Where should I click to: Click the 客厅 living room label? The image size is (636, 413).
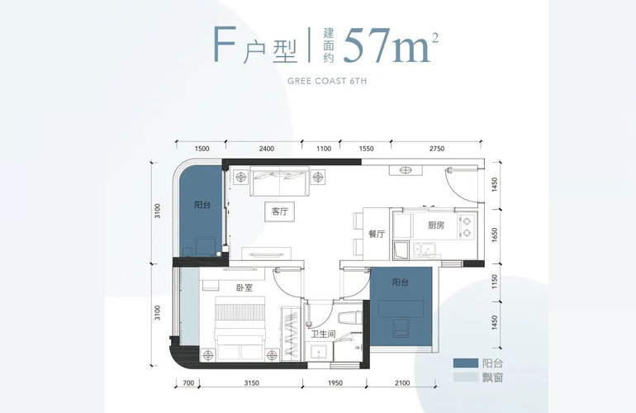tap(280, 211)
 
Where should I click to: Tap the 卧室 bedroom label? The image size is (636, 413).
tap(244, 287)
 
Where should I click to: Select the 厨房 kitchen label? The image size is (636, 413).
tap(436, 225)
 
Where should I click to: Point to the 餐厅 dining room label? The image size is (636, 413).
tap(377, 234)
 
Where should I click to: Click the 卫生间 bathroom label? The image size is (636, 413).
tap(323, 335)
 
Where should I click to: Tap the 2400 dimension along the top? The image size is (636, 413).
tap(267, 149)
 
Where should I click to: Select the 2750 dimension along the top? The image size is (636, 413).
tap(437, 149)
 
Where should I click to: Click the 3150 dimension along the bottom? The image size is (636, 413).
tap(251, 382)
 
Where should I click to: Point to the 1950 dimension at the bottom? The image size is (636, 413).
tap(335, 382)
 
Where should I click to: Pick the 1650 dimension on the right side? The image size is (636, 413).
tap(494, 235)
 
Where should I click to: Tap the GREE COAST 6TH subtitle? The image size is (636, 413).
tap(327, 81)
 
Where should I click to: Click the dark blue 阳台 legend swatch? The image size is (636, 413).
tap(465, 363)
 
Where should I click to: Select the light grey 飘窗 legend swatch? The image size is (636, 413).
tap(465, 377)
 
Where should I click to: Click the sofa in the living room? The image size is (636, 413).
tap(280, 181)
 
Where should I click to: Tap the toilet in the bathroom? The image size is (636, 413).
tap(349, 317)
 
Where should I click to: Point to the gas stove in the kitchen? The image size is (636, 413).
tap(467, 227)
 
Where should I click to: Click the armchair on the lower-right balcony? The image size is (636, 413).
tap(402, 328)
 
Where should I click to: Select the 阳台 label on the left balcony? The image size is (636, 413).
tap(202, 205)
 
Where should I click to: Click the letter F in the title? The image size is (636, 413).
tap(224, 45)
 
